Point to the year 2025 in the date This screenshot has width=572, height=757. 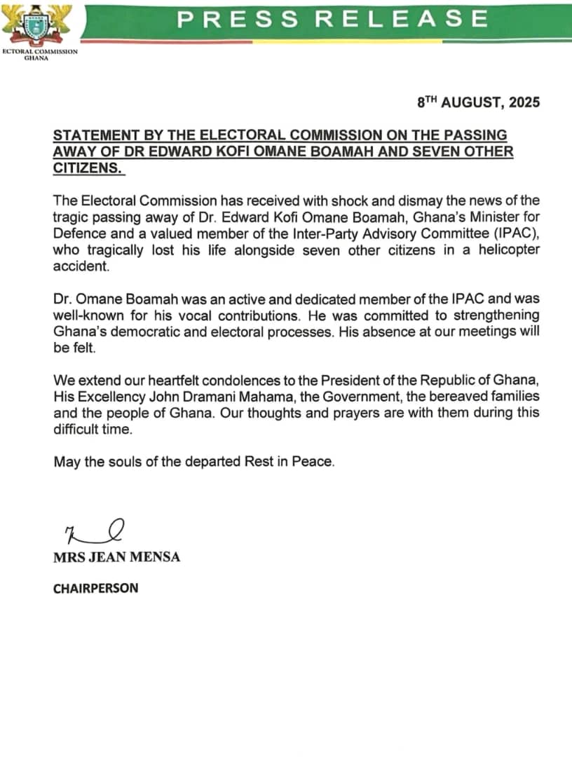click(520, 102)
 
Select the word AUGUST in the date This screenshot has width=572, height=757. click(469, 102)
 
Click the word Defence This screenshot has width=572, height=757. click(83, 233)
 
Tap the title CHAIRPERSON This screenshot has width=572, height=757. click(95, 588)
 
